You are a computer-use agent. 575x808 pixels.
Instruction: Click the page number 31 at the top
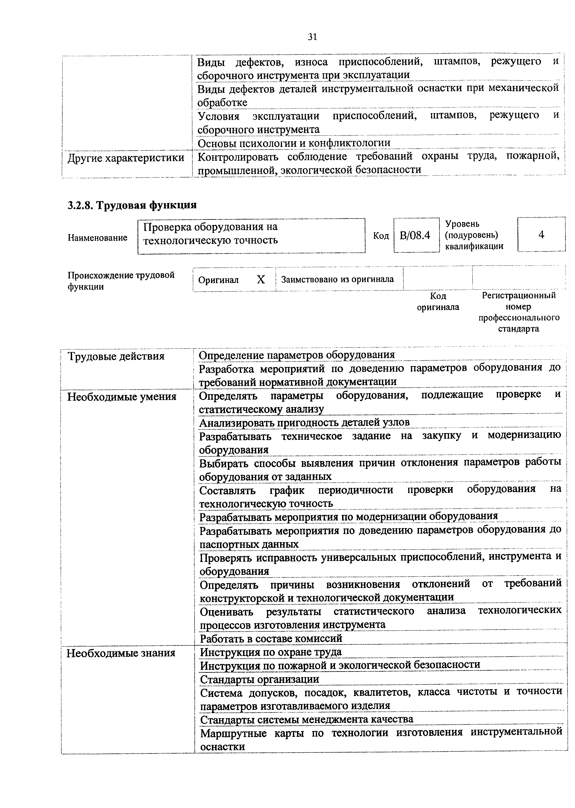[x=312, y=37]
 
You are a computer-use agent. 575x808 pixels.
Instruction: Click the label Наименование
[x=97, y=238]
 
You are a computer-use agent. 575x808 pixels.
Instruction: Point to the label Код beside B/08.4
[x=381, y=236]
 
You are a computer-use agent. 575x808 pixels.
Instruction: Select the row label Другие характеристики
[x=126, y=158]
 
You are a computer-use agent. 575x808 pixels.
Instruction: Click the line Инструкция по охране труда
[x=271, y=652]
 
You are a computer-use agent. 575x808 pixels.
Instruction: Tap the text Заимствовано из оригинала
[x=337, y=279]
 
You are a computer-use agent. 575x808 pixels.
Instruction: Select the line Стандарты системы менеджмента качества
[x=307, y=719]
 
